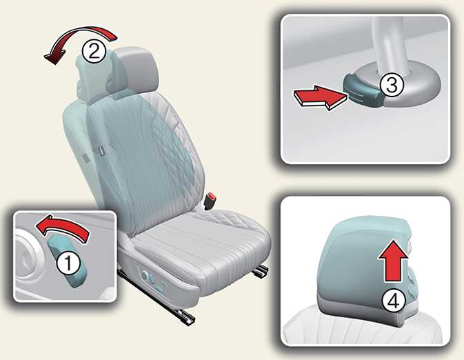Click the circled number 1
pos(68,263)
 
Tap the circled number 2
pos(94,50)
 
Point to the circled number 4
pos(393,301)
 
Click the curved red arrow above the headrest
pos(80,35)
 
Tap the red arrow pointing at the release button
pos(320,97)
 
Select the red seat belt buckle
pos(212,197)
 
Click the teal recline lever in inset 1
pos(65,261)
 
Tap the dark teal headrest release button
pos(363,90)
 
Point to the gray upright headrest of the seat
pos(134,71)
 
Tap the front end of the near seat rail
pos(187,318)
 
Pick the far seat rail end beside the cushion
pos(262,271)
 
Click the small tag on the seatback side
pos(101,150)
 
